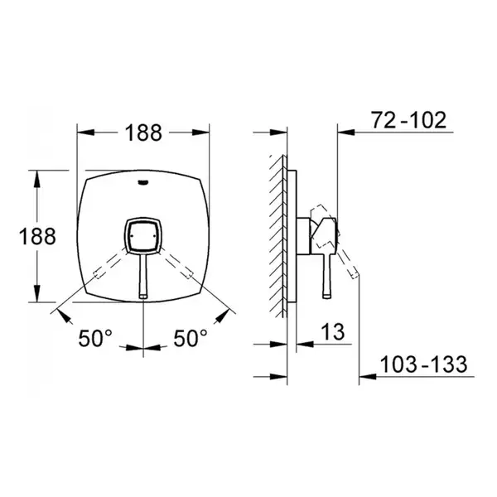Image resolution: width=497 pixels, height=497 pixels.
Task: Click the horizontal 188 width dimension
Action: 143,133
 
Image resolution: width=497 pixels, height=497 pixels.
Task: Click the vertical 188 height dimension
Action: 37,236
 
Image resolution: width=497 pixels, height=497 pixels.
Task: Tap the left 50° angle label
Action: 95,338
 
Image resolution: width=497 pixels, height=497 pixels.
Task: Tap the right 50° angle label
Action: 191,338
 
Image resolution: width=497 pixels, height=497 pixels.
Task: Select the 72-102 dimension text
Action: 409,120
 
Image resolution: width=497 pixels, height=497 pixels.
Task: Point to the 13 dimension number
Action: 333,332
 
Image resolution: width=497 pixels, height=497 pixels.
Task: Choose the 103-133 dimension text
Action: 423,364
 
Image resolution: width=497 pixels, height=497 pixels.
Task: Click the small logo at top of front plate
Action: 143,182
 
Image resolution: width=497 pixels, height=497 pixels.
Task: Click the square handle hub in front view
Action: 143,236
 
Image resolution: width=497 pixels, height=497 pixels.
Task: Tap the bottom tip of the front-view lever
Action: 143,297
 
